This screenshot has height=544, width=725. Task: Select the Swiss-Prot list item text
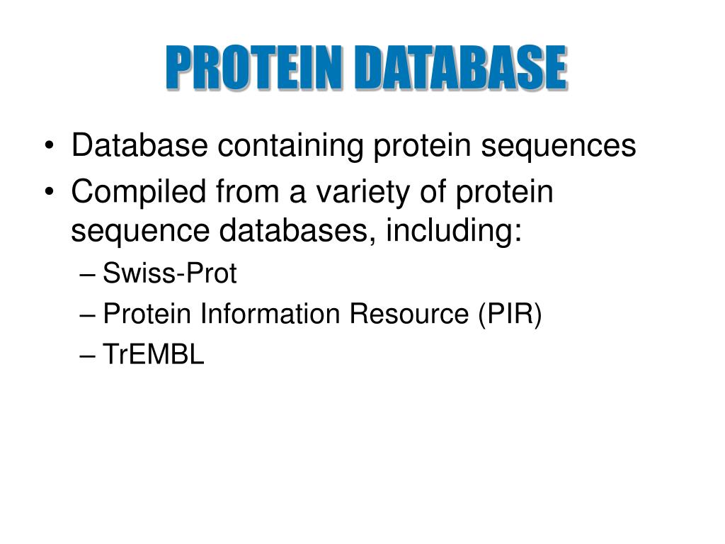coord(170,273)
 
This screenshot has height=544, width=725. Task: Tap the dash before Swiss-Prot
coord(87,275)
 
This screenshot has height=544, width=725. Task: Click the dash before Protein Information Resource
coord(87,315)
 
